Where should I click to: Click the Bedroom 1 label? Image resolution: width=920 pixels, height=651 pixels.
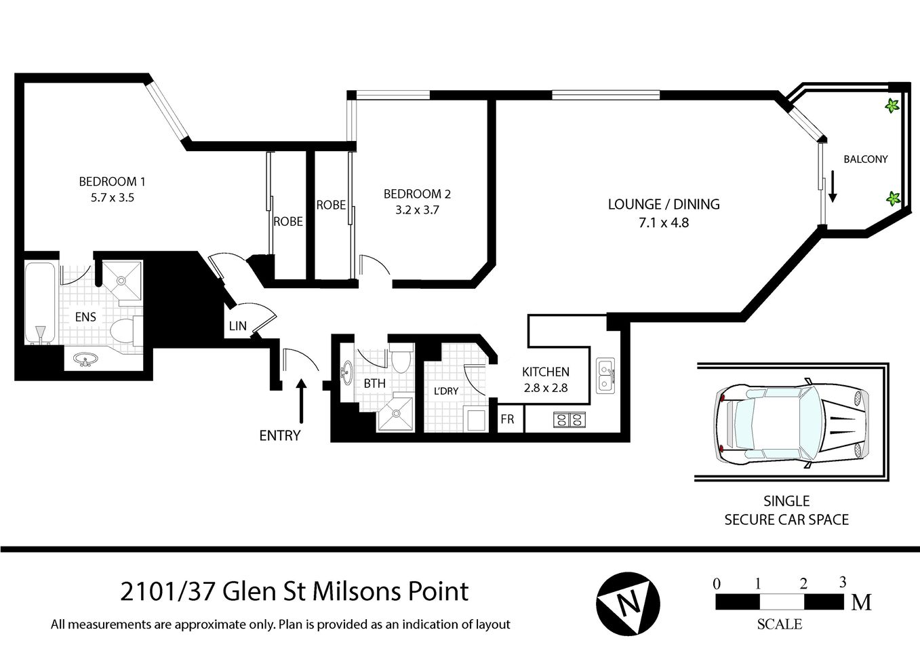[112, 181]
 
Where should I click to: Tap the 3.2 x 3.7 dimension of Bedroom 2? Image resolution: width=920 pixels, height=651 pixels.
[417, 210]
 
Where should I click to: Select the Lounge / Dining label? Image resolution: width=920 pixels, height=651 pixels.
[663, 204]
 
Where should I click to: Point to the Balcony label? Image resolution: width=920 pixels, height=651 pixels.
[865, 159]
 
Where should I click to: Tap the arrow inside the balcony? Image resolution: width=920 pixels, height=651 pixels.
[833, 188]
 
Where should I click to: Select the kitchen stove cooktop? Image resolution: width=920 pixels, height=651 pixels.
[569, 420]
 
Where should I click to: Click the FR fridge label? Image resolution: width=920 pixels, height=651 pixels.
[507, 420]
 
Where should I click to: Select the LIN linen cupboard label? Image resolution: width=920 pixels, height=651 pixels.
[237, 327]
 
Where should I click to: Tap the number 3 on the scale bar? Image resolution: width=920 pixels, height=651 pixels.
[843, 582]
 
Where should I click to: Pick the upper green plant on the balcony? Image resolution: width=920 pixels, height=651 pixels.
[892, 106]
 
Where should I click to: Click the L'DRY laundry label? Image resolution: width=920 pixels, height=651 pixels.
[445, 391]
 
